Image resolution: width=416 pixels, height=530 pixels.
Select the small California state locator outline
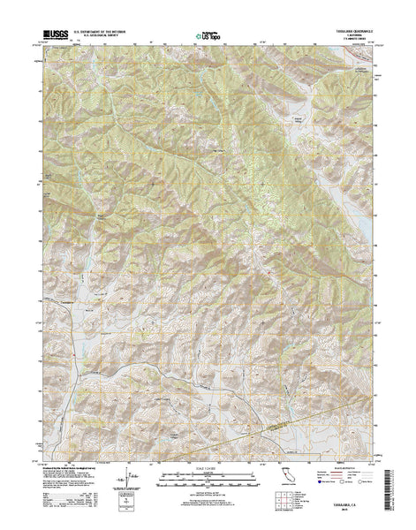pyautogui.click(x=287, y=482)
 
